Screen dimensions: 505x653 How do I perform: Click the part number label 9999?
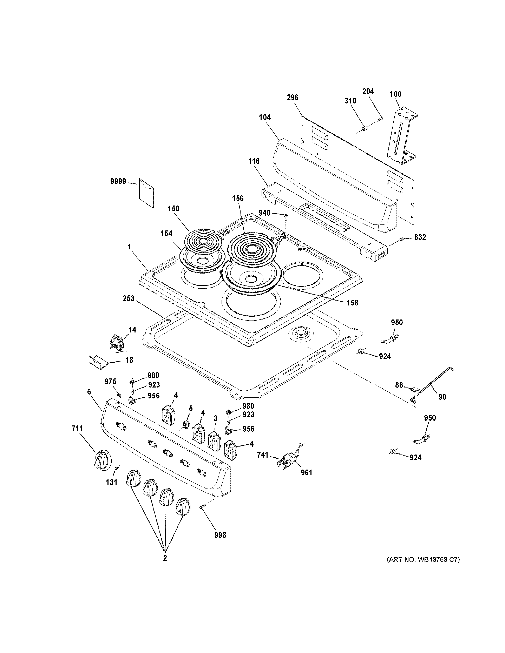(x=118, y=181)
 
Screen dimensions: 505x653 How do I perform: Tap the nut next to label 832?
(x=402, y=238)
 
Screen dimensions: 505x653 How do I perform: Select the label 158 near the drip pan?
(x=352, y=303)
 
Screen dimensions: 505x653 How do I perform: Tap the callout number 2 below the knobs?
(x=165, y=558)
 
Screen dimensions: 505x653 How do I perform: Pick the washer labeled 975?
(x=119, y=395)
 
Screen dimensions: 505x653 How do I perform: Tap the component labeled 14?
(x=117, y=342)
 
